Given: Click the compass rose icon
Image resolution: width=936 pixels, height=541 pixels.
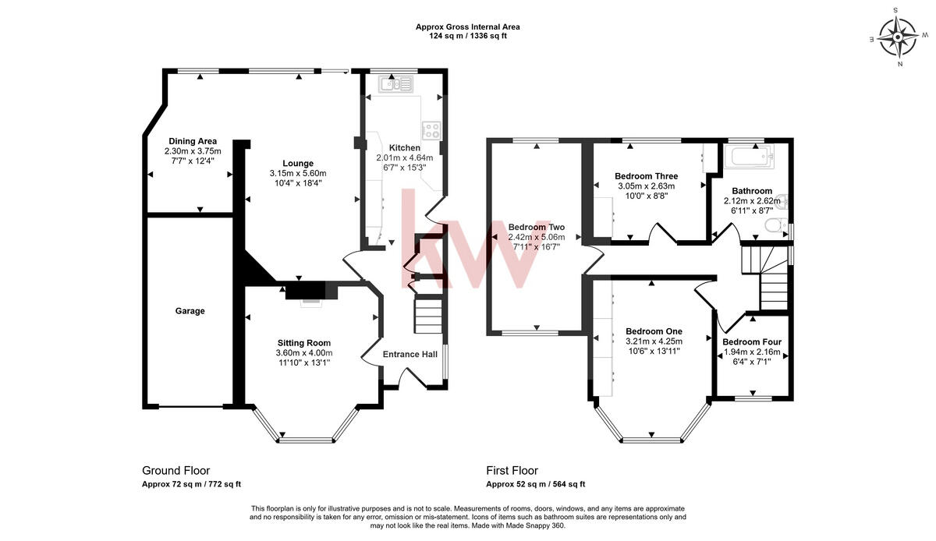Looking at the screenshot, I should pyautogui.click(x=897, y=37).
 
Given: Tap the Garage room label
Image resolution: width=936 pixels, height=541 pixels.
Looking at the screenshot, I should pyautogui.click(x=190, y=311).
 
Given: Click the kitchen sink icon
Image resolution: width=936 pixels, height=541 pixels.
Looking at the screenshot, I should pyautogui.click(x=399, y=85).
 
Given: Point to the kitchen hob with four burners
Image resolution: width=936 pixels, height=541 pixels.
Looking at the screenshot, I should pyautogui.click(x=431, y=130).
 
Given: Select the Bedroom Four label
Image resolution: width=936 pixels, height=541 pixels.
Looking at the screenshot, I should pyautogui.click(x=751, y=342).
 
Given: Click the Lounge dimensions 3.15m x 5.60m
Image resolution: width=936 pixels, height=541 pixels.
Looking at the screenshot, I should pyautogui.click(x=298, y=173).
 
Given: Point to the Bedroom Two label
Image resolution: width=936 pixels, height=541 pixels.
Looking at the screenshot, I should pyautogui.click(x=536, y=227).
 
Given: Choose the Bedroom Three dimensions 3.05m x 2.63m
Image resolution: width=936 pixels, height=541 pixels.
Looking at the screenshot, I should pyautogui.click(x=646, y=186).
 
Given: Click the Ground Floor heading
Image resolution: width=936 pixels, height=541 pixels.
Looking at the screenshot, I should pyautogui.click(x=175, y=470).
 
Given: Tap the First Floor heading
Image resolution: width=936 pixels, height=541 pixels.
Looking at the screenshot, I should pyautogui.click(x=512, y=470).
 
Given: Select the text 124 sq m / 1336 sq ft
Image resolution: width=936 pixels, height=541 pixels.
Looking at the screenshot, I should pyautogui.click(x=467, y=36).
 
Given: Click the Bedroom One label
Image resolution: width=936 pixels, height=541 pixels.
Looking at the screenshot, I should pyautogui.click(x=654, y=331).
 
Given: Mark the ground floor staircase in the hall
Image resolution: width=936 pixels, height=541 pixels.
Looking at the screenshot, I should pyautogui.click(x=427, y=316).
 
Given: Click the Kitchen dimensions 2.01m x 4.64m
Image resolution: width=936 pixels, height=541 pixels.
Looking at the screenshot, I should pyautogui.click(x=404, y=157).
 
